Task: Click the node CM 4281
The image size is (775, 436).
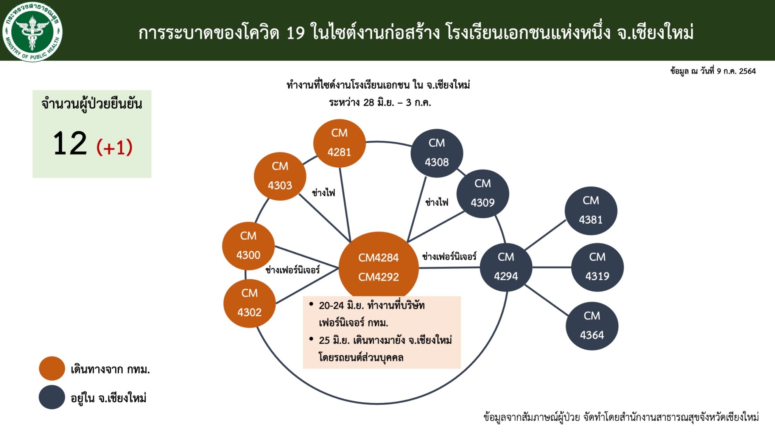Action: tap(339, 143)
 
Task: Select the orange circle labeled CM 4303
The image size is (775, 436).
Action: tap(280, 176)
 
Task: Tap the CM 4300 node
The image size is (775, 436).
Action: tap(248, 246)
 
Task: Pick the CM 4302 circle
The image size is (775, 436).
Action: tap(249, 303)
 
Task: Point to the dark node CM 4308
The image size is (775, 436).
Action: tap(437, 153)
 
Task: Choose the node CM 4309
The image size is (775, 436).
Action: tap(482, 193)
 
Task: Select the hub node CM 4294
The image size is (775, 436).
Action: tap(506, 267)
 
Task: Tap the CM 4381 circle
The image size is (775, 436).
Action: tap(591, 210)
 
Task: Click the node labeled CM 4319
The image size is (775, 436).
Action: tap(597, 267)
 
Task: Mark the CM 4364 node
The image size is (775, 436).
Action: tap(592, 326)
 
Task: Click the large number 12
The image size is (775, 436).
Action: tap(70, 143)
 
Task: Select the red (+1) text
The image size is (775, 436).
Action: tap(115, 147)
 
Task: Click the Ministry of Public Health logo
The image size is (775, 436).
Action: tap(32, 31)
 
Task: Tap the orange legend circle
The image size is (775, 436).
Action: tap(52, 368)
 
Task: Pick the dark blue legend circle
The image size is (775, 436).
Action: tap(52, 397)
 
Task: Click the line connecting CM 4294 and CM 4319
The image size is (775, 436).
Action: tap(551, 267)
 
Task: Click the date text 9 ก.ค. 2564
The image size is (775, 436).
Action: tap(736, 71)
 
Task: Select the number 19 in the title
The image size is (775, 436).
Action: tap(296, 33)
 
